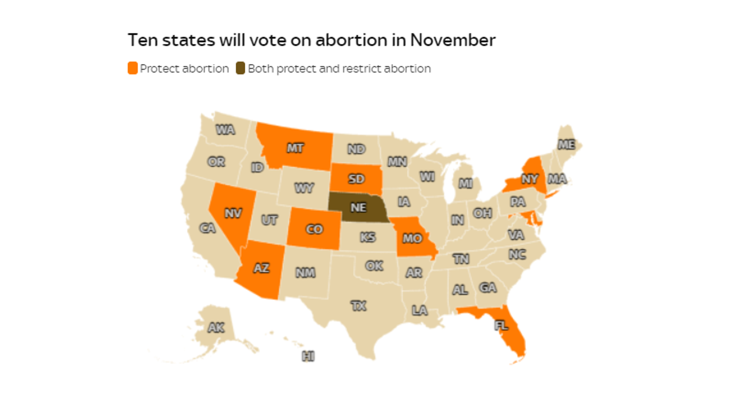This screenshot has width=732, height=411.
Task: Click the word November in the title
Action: (x=452, y=40)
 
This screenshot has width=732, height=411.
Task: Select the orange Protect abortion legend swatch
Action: (x=133, y=68)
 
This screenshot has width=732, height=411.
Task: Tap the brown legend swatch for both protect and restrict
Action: (x=240, y=68)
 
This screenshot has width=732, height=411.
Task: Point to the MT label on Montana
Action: (x=295, y=148)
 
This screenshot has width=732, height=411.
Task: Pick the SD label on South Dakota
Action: (x=356, y=179)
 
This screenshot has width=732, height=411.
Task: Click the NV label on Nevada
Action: (x=233, y=213)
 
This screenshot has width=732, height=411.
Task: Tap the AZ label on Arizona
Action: (x=261, y=268)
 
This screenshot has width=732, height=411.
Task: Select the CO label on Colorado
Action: (x=314, y=229)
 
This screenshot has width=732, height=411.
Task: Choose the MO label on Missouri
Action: (x=412, y=238)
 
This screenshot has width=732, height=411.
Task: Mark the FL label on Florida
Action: (x=501, y=326)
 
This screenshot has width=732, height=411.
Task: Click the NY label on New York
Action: (x=530, y=179)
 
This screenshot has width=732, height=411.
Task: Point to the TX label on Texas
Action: (x=358, y=306)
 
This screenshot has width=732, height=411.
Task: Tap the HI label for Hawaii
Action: (x=308, y=356)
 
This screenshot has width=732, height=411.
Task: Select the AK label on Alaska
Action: (x=216, y=327)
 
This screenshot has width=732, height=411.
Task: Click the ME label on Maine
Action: (x=566, y=145)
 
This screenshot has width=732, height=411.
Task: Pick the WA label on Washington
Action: (x=225, y=130)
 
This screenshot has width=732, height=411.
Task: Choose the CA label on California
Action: (x=207, y=228)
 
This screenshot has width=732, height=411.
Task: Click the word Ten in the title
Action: (x=142, y=40)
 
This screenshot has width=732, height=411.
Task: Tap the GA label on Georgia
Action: (x=488, y=287)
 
